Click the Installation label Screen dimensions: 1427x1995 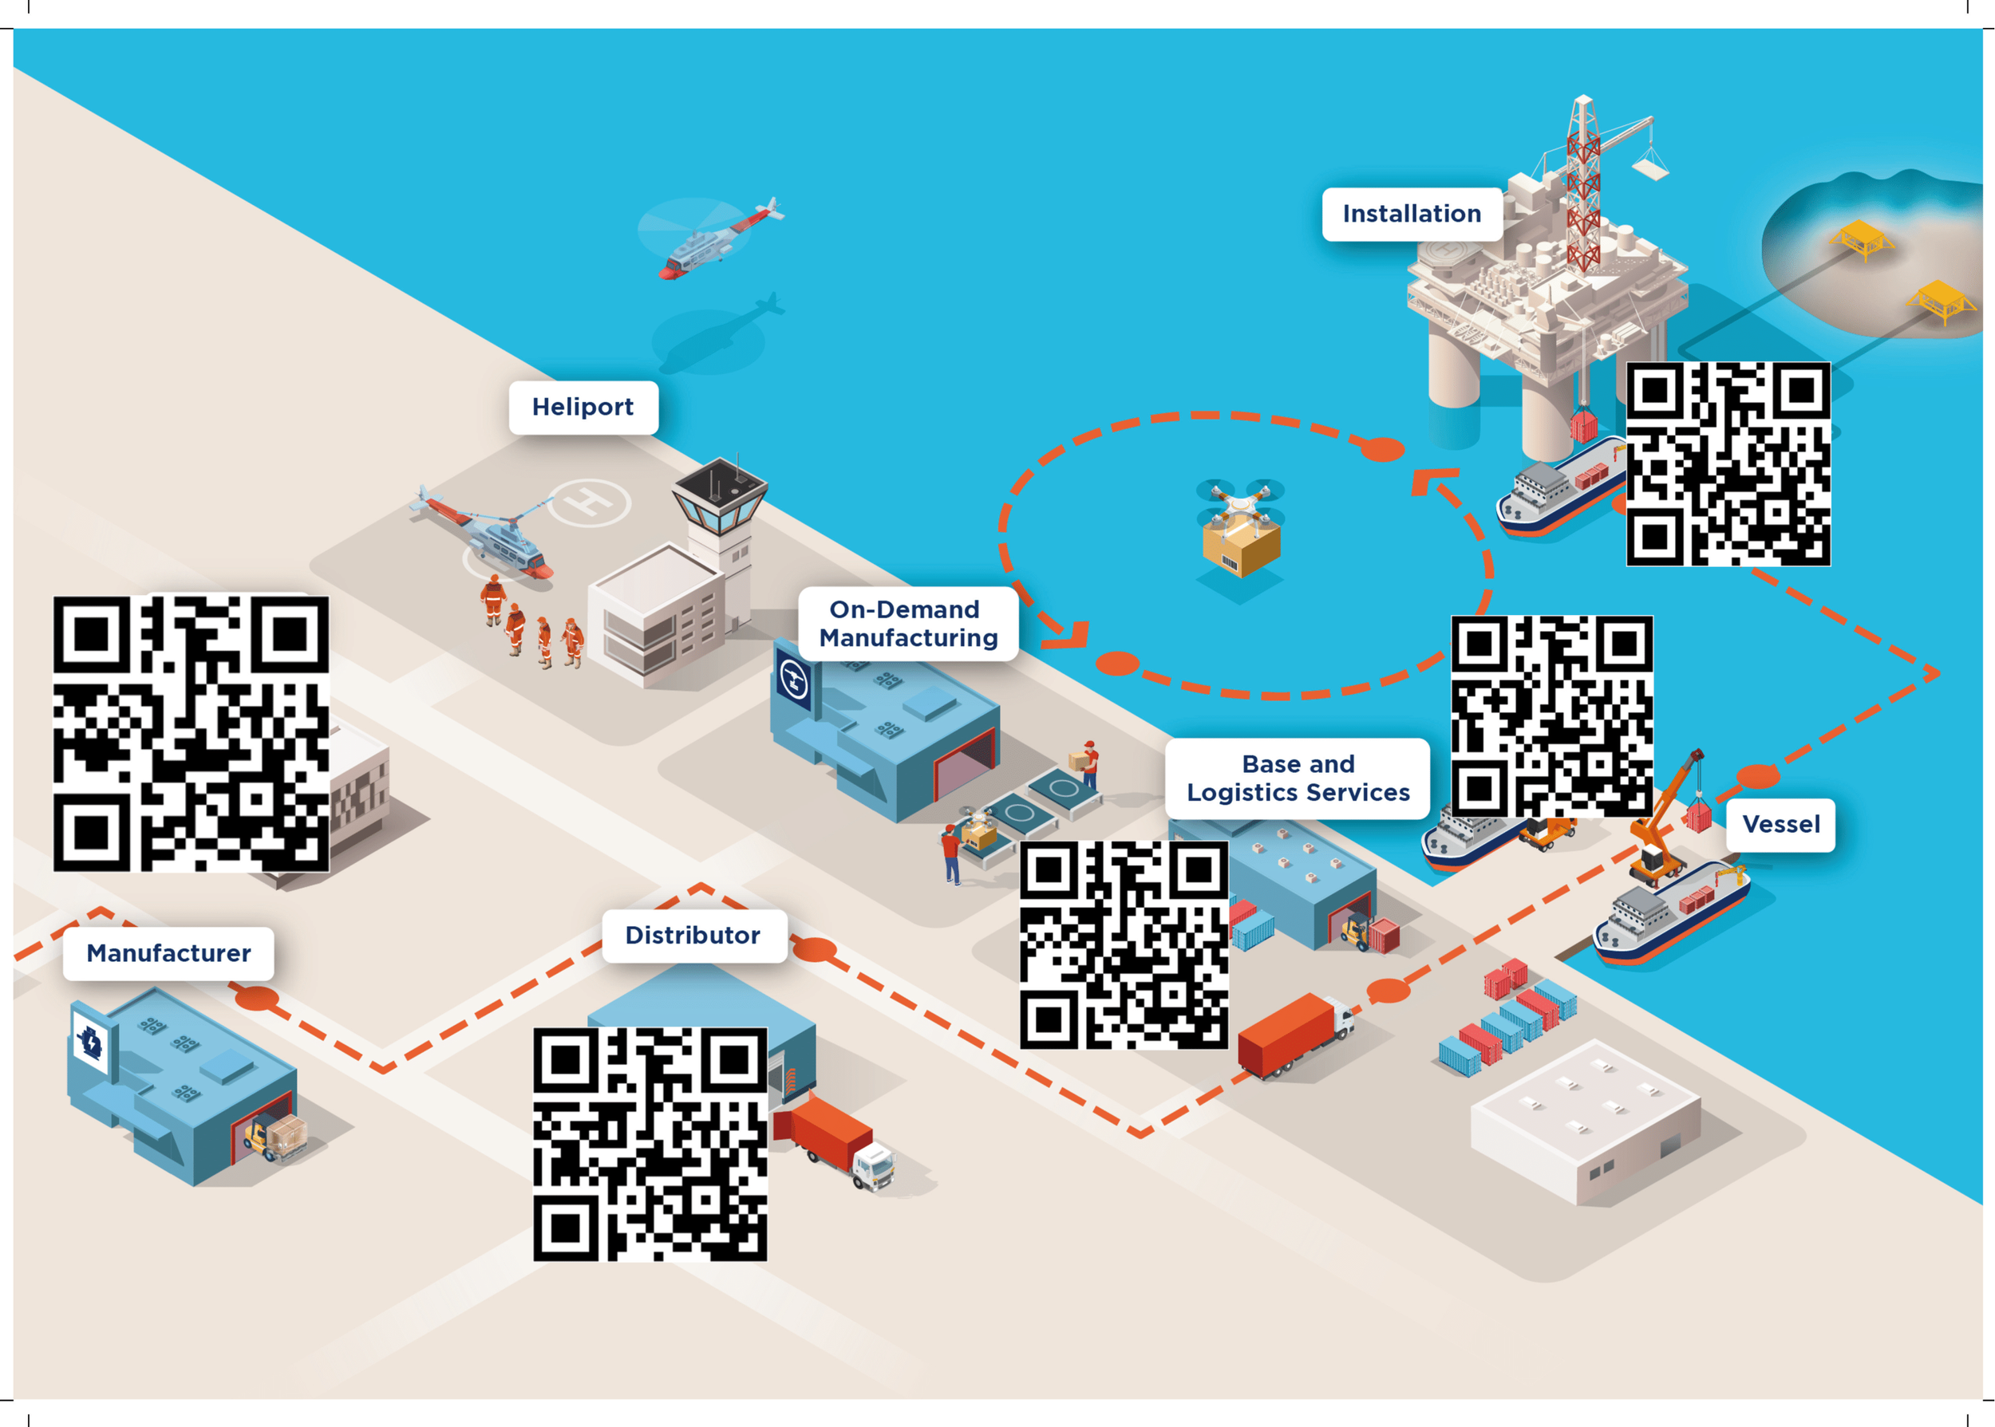(1412, 214)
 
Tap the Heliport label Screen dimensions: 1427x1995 (583, 407)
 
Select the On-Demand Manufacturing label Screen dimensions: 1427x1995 (908, 623)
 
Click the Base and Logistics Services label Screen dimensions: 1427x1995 (1298, 779)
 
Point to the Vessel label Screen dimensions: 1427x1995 (1780, 824)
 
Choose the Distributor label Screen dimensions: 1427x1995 (693, 935)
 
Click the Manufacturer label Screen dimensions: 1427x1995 (168, 953)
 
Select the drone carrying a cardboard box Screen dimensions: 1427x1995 (1241, 527)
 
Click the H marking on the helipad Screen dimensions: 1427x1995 (590, 503)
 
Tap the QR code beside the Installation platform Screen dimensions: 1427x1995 (1728, 464)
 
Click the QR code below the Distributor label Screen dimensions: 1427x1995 (650, 1144)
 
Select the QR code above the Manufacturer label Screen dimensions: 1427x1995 (191, 734)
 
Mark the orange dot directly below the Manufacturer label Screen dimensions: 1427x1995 (257, 997)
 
